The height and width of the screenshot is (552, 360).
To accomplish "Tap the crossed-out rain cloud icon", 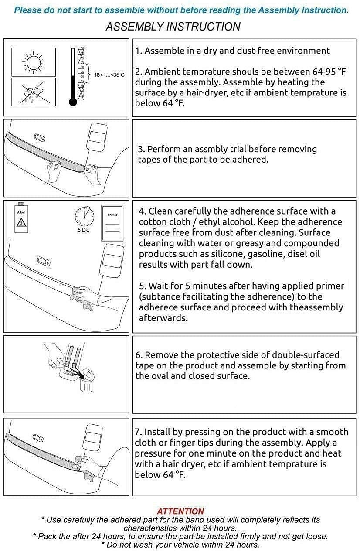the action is [x=33, y=92].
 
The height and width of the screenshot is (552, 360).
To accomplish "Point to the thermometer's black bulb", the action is [x=73, y=102].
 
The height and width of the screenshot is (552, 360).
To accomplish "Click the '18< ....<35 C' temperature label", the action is [x=109, y=75].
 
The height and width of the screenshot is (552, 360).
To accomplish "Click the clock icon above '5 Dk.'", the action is [x=85, y=216].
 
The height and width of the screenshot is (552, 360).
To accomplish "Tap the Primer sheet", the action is [x=112, y=223].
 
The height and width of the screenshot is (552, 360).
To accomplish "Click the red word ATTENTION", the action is [x=180, y=511].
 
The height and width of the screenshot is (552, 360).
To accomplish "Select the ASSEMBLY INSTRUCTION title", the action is [x=173, y=27].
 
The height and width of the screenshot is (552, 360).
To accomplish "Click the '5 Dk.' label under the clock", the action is [x=83, y=230].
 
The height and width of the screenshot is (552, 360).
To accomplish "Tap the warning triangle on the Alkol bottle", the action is [x=21, y=222].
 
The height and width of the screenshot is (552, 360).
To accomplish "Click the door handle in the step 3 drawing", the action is [x=40, y=137].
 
